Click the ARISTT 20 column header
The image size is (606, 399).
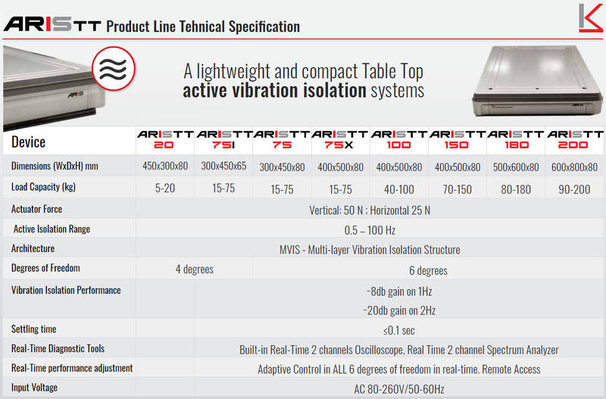[165, 140]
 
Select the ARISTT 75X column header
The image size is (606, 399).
[339, 140]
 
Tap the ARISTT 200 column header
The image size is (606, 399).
[575, 140]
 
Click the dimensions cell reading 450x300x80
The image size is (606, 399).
[165, 166]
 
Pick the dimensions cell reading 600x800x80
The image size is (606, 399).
[574, 167]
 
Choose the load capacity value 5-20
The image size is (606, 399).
[165, 188]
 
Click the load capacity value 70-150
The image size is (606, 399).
[458, 189]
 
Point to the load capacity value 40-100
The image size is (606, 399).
[399, 189]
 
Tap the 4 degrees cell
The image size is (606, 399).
[195, 270]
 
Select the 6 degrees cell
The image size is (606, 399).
[428, 270]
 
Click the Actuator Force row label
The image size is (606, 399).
[36, 209]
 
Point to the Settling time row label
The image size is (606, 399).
[33, 329]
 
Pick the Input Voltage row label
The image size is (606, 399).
[34, 388]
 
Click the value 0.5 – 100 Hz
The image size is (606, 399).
[370, 230]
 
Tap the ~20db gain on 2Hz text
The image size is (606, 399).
[399, 310]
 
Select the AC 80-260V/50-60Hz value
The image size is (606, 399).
[399, 389]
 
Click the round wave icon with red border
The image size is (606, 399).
[114, 68]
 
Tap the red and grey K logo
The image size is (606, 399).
[591, 17]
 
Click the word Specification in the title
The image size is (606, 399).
[264, 26]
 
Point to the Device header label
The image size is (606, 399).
[28, 142]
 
